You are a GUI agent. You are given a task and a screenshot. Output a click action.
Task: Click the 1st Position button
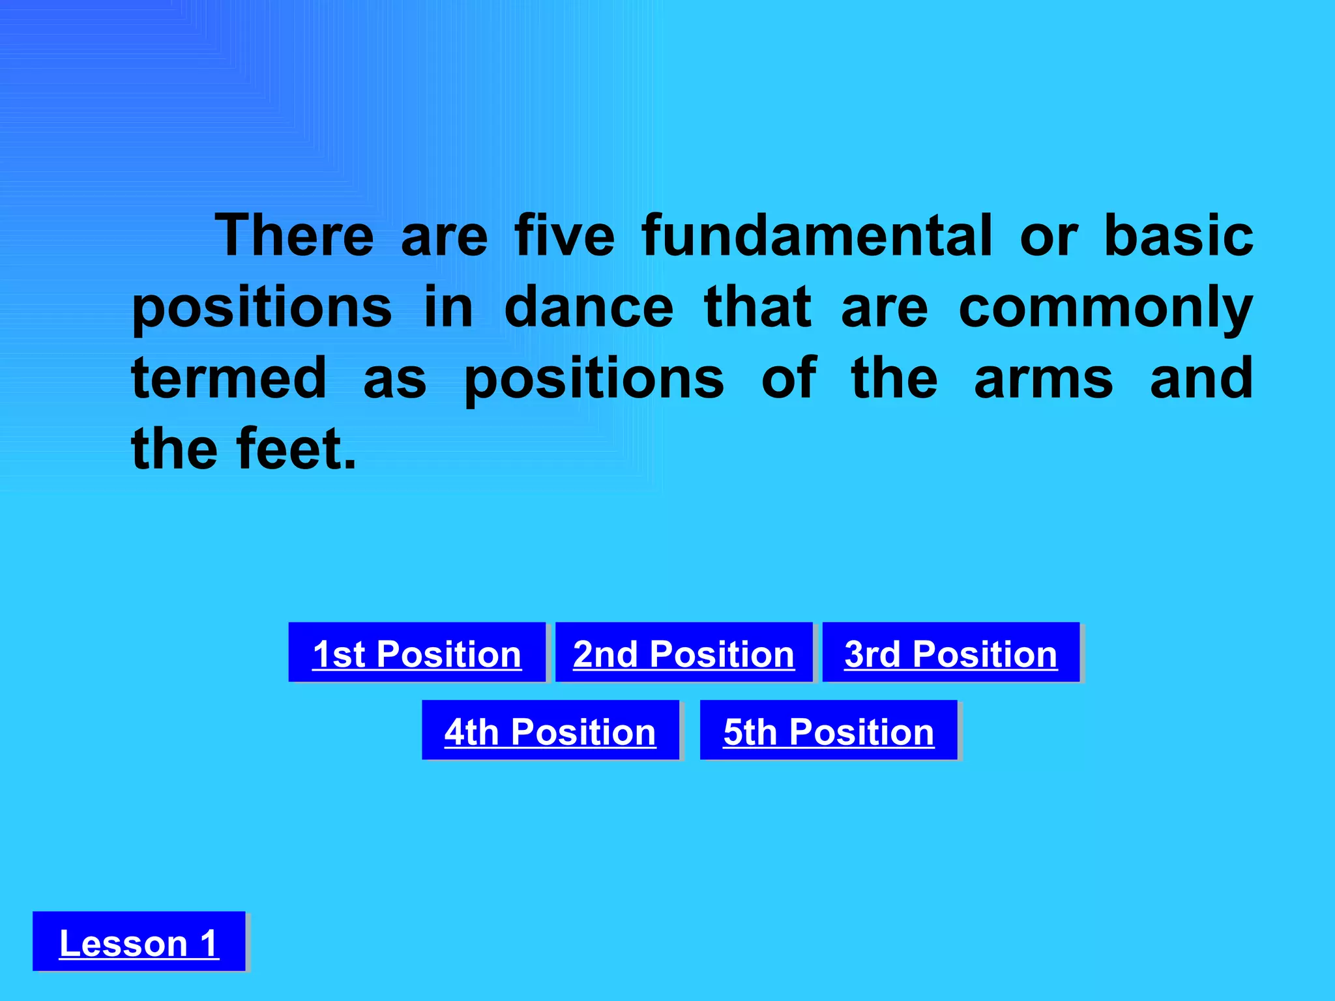click(x=417, y=653)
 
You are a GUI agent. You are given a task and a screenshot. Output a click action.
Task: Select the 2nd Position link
click(x=684, y=653)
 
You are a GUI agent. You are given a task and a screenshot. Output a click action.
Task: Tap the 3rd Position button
click(x=951, y=653)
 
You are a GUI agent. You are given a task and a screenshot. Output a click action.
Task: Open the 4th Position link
click(x=550, y=731)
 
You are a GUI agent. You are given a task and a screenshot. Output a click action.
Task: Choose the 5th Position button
click(x=829, y=731)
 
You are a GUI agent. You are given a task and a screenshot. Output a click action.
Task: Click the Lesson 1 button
click(x=139, y=942)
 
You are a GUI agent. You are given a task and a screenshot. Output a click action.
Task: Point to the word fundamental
click(x=817, y=235)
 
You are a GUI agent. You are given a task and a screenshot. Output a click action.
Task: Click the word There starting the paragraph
click(x=295, y=235)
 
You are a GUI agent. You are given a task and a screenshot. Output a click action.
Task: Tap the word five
click(x=565, y=235)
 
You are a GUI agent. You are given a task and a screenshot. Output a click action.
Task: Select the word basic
click(x=1179, y=235)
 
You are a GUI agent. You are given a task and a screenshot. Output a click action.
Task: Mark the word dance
click(x=589, y=307)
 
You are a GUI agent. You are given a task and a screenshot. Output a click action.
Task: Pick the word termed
click(x=229, y=378)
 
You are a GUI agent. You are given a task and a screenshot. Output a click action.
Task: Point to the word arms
click(x=1044, y=379)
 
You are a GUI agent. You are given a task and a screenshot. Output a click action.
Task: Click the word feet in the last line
click(x=297, y=449)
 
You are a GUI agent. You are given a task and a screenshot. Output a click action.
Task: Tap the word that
click(x=758, y=307)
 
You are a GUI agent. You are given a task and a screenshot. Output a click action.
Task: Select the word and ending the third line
click(x=1201, y=378)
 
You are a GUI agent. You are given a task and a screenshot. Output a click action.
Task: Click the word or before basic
click(x=1049, y=237)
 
